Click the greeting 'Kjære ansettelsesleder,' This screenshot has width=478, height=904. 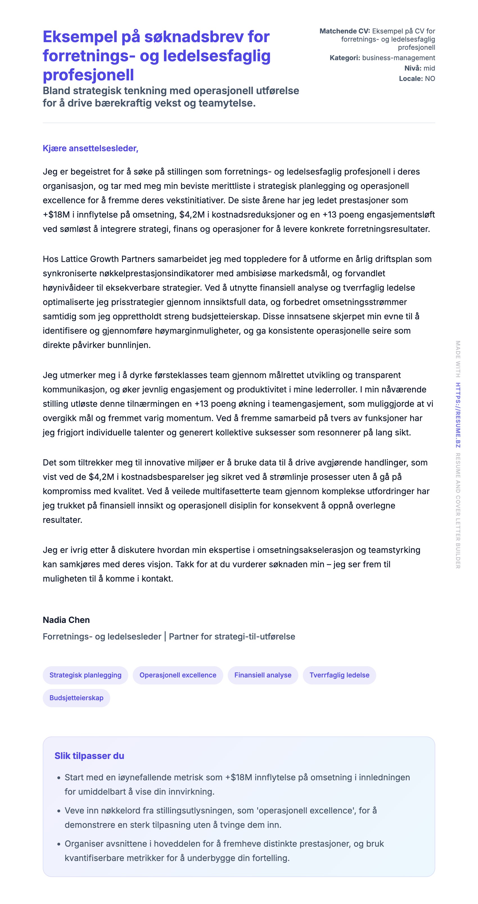(91, 148)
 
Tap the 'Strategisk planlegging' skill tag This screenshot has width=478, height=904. (85, 675)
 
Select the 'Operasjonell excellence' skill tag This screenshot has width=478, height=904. (178, 675)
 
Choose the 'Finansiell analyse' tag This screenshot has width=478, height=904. (263, 675)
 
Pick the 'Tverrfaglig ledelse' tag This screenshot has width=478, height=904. (339, 675)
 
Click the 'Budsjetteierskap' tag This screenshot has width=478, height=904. (76, 698)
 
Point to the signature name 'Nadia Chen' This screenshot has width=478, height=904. (66, 620)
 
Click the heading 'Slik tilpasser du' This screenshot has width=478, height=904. (89, 756)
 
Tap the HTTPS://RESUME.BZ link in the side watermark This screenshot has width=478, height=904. (458, 415)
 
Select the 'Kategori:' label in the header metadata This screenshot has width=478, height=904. (345, 58)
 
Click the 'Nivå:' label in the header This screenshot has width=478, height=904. (413, 68)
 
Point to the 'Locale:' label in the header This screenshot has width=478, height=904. (411, 79)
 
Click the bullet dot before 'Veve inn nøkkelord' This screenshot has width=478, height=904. (58, 811)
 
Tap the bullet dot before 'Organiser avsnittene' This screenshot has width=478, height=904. (58, 844)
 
